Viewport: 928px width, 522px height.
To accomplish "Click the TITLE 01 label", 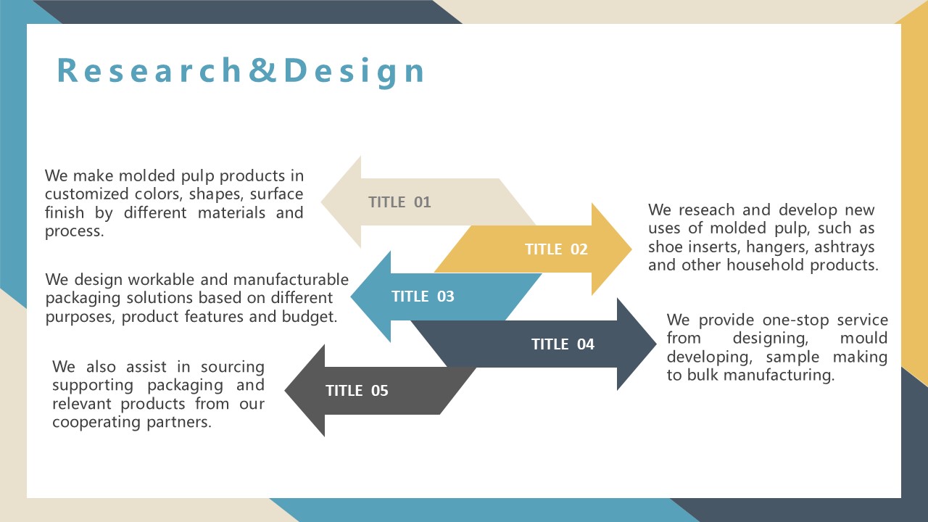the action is (399, 202).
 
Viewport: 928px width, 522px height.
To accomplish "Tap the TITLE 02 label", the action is (556, 249).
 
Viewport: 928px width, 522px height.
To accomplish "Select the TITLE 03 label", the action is (423, 297).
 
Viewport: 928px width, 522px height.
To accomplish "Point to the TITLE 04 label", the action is (563, 344).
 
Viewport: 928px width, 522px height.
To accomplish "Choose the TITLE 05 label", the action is (357, 390).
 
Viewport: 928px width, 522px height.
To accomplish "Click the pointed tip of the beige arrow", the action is (321, 202).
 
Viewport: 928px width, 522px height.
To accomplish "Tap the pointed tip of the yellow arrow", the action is (631, 249).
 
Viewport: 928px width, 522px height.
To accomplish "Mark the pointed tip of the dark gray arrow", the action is (285, 390).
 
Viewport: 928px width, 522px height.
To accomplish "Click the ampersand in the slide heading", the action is (262, 70).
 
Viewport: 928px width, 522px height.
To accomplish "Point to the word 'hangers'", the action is (778, 247).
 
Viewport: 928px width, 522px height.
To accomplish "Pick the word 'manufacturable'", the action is (291, 280).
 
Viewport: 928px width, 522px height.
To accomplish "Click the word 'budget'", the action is (309, 317).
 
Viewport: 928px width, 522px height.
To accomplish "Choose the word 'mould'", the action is (863, 338).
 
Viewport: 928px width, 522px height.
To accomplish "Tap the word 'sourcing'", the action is (233, 367).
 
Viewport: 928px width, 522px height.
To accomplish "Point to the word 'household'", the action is (765, 265).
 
